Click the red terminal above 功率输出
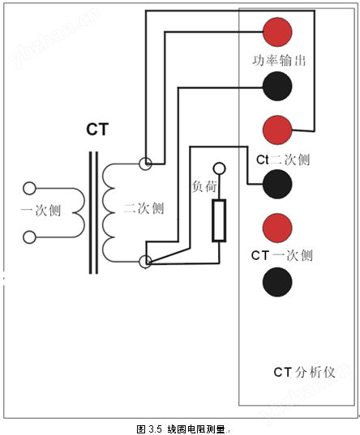(x=277, y=32)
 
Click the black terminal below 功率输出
(x=277, y=86)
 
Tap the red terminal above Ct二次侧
(x=277, y=130)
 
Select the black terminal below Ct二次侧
(x=277, y=184)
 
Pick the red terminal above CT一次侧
(x=277, y=228)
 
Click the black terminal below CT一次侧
(x=277, y=282)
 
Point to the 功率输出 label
(x=279, y=60)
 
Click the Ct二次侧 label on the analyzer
(x=283, y=160)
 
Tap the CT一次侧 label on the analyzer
(x=281, y=255)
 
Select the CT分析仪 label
(x=304, y=372)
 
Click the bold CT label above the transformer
(x=97, y=130)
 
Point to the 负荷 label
(x=204, y=186)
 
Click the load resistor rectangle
(x=219, y=220)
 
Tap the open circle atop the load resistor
(x=219, y=168)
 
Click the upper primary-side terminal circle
(x=29, y=189)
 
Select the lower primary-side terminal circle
(x=29, y=237)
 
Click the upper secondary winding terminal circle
(x=145, y=164)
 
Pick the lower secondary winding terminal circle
(x=145, y=262)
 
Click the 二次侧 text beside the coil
(x=144, y=209)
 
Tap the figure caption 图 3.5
(x=149, y=429)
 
